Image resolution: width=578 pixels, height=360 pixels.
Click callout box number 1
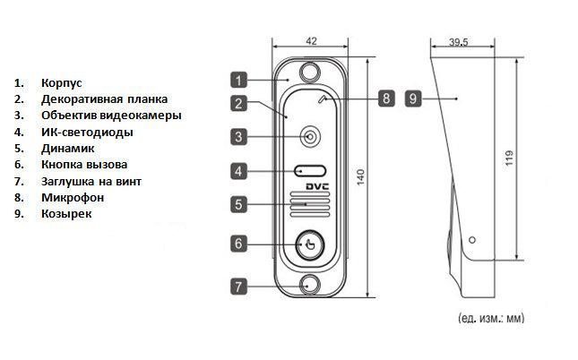pyautogui.click(x=237, y=78)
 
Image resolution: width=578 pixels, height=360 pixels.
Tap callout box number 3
pyautogui.click(x=237, y=137)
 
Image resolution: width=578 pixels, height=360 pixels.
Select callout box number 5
pyautogui.click(x=237, y=204)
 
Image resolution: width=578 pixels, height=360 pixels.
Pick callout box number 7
pyautogui.click(x=237, y=287)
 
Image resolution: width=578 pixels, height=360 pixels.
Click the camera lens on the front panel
pyautogui.click(x=310, y=137)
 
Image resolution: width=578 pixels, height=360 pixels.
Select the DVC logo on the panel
pyautogui.click(x=320, y=187)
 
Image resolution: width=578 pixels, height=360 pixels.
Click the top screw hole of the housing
pyautogui.click(x=310, y=71)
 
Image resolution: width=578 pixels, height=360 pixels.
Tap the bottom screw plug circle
pyautogui.click(x=310, y=285)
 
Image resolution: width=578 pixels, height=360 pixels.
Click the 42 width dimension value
pyautogui.click(x=311, y=41)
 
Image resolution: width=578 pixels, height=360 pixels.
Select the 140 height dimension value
pyautogui.click(x=361, y=176)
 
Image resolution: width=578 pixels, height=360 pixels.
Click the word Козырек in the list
pyautogui.click(x=65, y=214)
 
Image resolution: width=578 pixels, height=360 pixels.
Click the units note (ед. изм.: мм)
pyautogui.click(x=490, y=318)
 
